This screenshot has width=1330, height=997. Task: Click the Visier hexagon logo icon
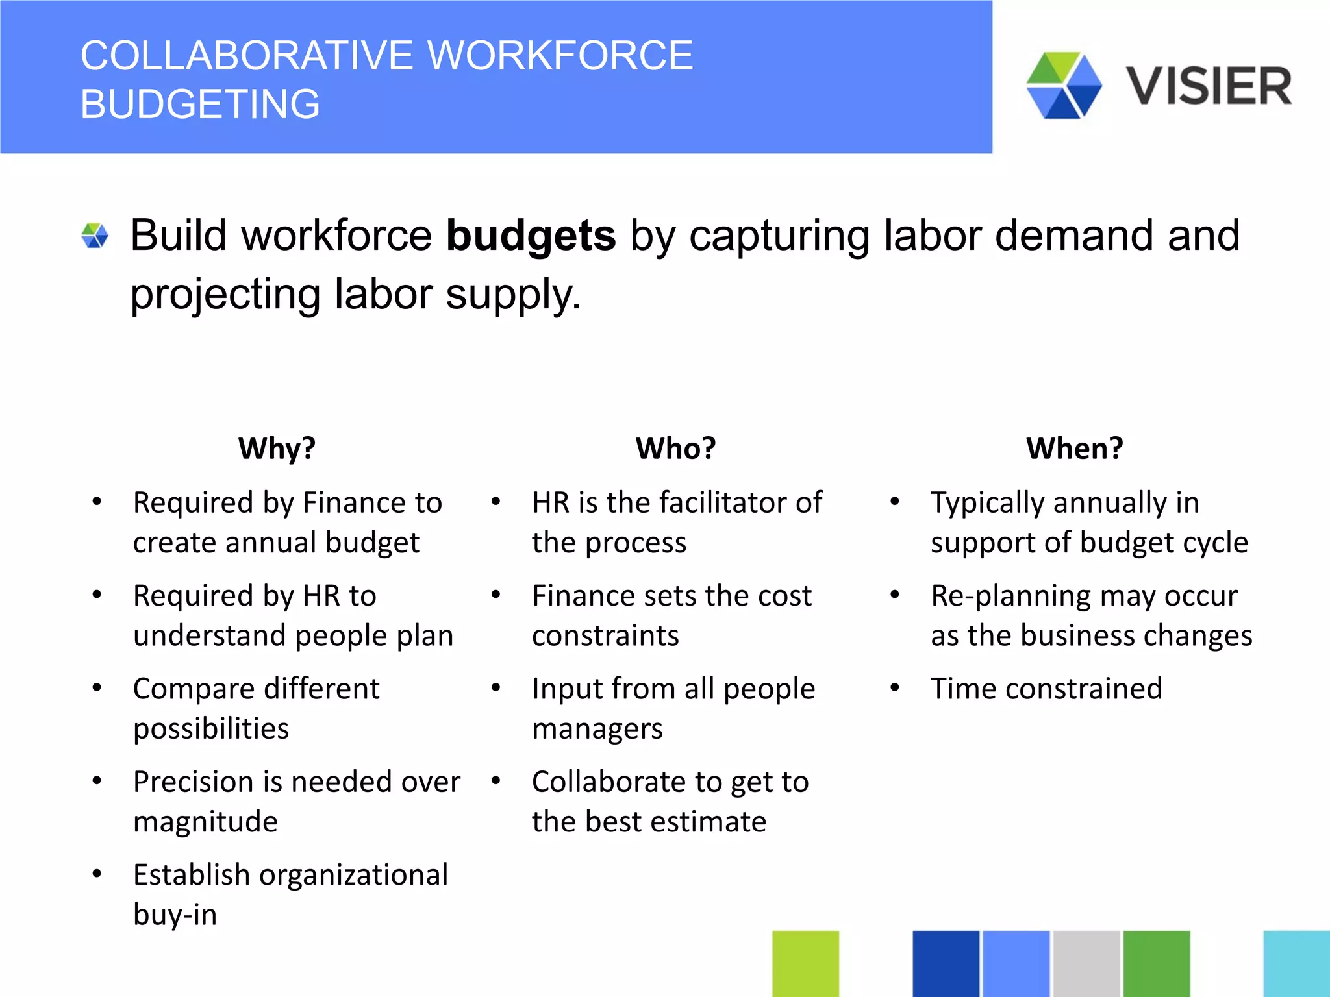pyautogui.click(x=1064, y=86)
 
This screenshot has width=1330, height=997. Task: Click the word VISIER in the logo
pyautogui.click(x=1209, y=86)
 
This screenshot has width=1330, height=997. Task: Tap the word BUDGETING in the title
pyautogui.click(x=200, y=104)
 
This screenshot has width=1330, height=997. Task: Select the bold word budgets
pyautogui.click(x=531, y=235)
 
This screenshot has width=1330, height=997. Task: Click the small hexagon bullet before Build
pyautogui.click(x=95, y=236)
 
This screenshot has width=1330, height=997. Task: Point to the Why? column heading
pyautogui.click(x=277, y=448)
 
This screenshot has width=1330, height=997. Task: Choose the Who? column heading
pyautogui.click(x=675, y=448)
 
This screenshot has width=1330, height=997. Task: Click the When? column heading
pyautogui.click(x=1074, y=448)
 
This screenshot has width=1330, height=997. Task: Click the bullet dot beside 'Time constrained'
pyautogui.click(x=894, y=688)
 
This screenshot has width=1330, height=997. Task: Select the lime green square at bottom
pyautogui.click(x=805, y=963)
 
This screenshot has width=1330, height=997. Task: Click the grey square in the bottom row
pyautogui.click(x=1086, y=963)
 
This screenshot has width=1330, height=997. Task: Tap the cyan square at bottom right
pyautogui.click(x=1296, y=963)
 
